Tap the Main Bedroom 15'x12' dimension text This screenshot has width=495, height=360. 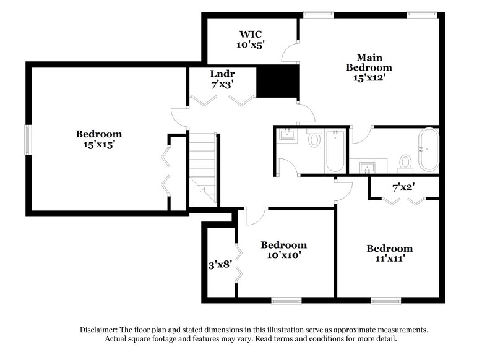pos(369,79)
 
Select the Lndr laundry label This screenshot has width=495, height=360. pos(222,74)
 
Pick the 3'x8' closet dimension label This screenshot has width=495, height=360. pos(220,264)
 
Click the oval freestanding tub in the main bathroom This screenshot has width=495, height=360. pos(428,150)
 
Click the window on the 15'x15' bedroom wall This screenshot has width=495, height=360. pos(27,140)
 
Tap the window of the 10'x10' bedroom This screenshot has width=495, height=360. pos(285,301)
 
